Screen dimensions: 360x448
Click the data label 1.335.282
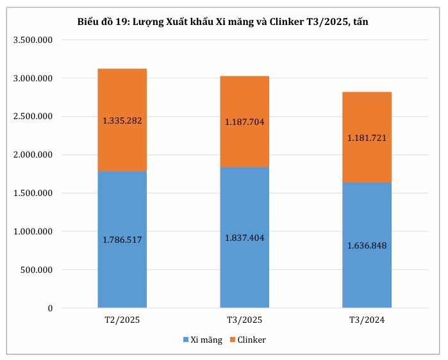pyautogui.click(x=122, y=120)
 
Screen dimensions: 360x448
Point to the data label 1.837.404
pyautogui.click(x=244, y=238)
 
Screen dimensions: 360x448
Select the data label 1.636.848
pyautogui.click(x=367, y=245)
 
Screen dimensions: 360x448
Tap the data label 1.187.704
pyautogui.click(x=244, y=122)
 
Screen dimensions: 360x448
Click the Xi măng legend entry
pyautogui.click(x=203, y=340)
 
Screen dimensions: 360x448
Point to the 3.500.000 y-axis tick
pyautogui.click(x=32, y=40)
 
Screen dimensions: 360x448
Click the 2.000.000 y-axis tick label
pyautogui.click(x=32, y=155)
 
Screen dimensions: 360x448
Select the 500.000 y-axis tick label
pyautogui.click(x=37, y=270)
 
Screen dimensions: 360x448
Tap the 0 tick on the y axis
pyautogui.click(x=49, y=308)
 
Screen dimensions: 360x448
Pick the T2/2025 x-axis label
pyautogui.click(x=122, y=320)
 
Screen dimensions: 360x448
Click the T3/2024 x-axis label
pyautogui.click(x=367, y=320)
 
